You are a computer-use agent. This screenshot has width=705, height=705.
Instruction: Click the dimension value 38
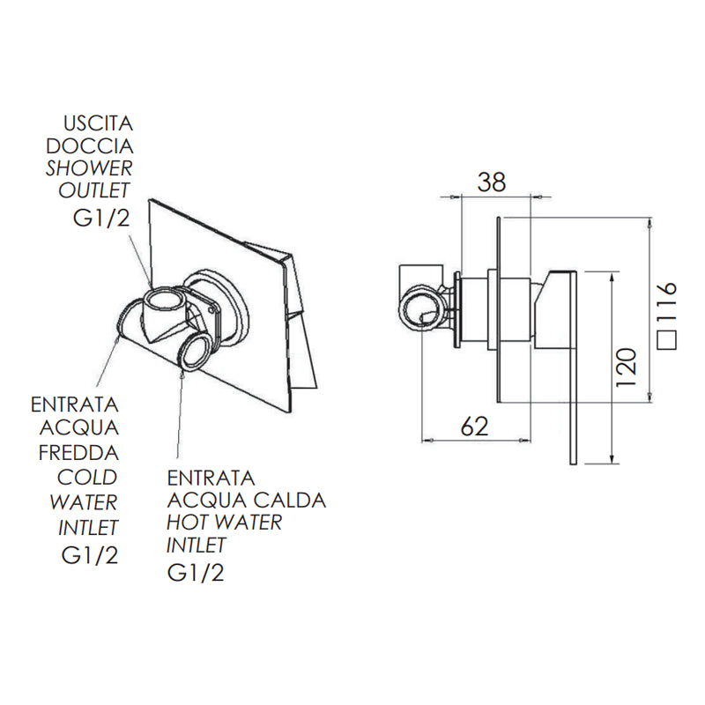(x=492, y=182)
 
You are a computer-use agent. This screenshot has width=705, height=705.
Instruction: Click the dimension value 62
(x=474, y=427)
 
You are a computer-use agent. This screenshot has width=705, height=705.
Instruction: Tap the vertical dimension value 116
(x=667, y=304)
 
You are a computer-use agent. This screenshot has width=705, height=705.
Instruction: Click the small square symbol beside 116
(x=668, y=343)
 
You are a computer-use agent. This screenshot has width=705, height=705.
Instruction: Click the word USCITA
(x=97, y=122)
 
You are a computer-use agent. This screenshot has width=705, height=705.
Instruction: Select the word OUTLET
(x=94, y=189)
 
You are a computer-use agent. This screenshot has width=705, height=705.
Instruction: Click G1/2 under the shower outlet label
(x=101, y=219)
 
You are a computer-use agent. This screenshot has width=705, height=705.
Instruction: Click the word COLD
(x=86, y=477)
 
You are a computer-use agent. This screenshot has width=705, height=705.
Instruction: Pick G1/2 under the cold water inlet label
(x=89, y=556)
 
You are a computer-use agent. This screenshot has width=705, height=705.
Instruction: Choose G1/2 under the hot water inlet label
(x=195, y=574)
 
